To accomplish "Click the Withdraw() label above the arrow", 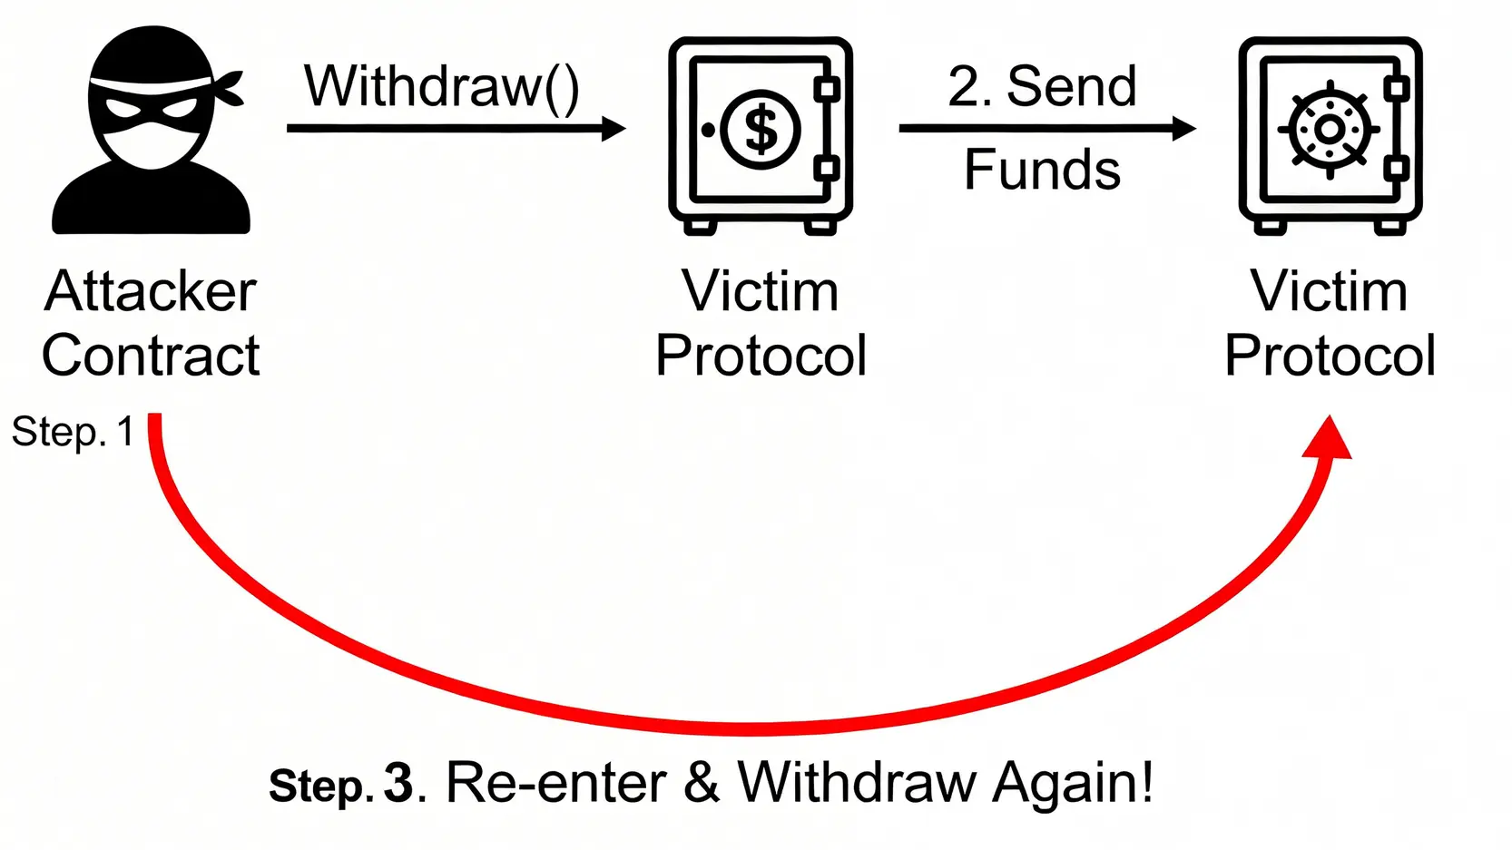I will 441,87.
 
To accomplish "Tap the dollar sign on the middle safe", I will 761,129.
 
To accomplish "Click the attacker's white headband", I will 150,84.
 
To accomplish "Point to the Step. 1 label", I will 73,432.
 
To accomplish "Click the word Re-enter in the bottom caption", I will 556,782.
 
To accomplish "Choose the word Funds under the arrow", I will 1042,170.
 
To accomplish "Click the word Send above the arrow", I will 1071,87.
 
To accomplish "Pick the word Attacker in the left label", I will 151,291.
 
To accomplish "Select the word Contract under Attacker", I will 151,355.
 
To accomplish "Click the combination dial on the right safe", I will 1329,130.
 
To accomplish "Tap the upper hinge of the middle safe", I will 827,89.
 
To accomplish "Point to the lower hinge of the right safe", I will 1397,168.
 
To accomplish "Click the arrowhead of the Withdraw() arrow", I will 614,129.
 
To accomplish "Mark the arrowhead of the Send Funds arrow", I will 1183,129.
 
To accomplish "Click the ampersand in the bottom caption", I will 702,782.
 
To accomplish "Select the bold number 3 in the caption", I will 398,783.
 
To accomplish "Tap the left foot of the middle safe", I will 700,227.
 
